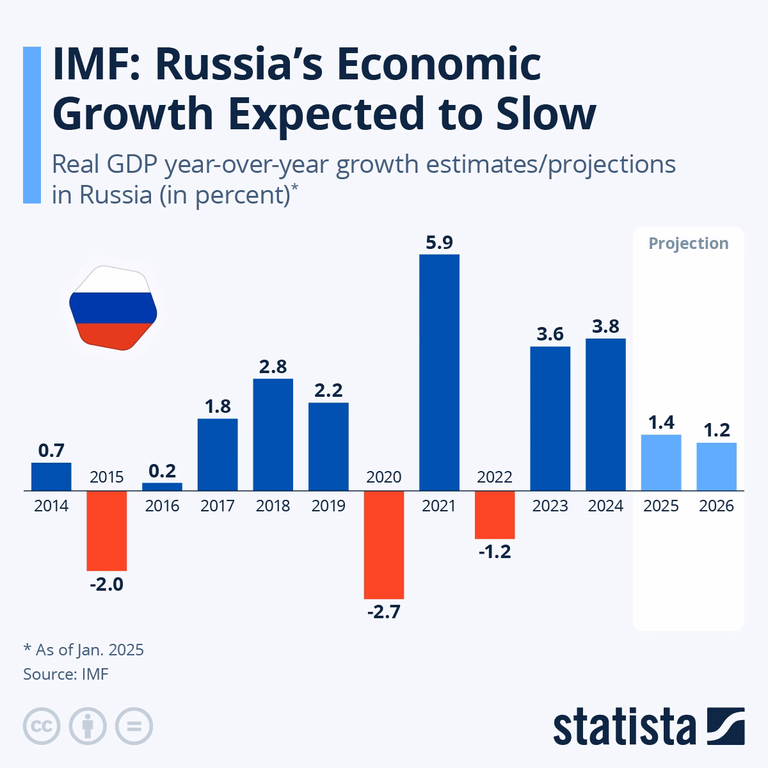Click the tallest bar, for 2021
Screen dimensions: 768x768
click(x=439, y=372)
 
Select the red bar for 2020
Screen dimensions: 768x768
click(x=384, y=545)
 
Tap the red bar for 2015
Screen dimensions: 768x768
click(x=107, y=531)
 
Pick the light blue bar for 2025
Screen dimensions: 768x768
click(x=660, y=462)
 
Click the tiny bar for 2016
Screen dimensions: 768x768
click(x=162, y=486)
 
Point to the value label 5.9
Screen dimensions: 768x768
click(x=439, y=243)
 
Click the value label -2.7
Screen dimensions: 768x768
click(x=384, y=612)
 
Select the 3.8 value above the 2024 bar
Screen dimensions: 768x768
click(x=605, y=326)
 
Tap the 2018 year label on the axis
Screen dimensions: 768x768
click(x=273, y=506)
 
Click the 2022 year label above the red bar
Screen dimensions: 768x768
click(x=495, y=477)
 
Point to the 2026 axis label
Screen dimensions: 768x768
click(x=716, y=506)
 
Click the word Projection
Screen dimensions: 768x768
click(x=688, y=243)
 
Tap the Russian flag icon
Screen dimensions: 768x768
click(x=113, y=308)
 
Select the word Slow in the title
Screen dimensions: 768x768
click(x=546, y=113)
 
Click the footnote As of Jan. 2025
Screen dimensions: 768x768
click(x=89, y=650)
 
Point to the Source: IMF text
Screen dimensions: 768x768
click(x=66, y=675)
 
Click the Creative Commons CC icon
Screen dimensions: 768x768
click(x=42, y=726)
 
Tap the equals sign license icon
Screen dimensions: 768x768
click(x=134, y=726)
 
